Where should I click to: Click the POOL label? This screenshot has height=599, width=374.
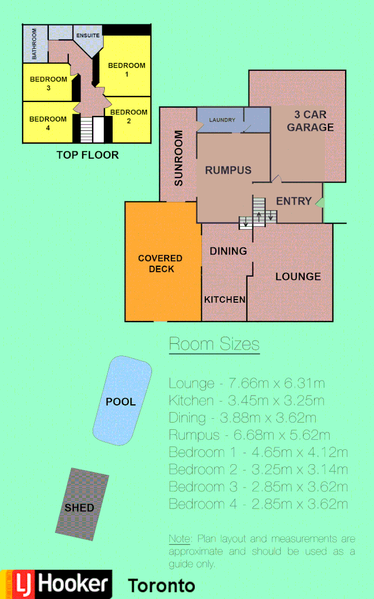click(x=120, y=402)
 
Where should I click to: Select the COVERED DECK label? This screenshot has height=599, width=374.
click(x=160, y=263)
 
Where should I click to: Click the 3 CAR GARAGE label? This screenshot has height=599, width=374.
click(x=310, y=121)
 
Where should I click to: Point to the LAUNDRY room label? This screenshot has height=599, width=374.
click(x=222, y=120)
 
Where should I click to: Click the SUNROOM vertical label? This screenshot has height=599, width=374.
click(x=179, y=158)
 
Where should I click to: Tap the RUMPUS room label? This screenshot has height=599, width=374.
click(x=228, y=170)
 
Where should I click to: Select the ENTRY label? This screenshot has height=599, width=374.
click(x=294, y=201)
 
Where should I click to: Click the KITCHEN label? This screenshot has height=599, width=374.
click(x=225, y=299)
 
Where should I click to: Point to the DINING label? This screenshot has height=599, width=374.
click(x=228, y=251)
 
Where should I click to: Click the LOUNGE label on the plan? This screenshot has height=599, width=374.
click(x=298, y=276)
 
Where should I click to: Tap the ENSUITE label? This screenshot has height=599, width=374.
click(x=88, y=35)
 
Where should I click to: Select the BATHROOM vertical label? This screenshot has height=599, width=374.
click(x=34, y=45)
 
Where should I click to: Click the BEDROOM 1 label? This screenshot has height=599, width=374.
click(x=127, y=69)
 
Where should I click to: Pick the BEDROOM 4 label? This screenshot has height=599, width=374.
click(x=48, y=123)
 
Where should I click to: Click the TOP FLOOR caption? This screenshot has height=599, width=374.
click(x=88, y=155)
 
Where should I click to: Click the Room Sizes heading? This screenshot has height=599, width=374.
click(x=214, y=344)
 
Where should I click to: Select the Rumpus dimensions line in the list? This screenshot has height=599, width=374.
click(x=249, y=435)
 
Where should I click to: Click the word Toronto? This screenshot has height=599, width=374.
click(x=161, y=586)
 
